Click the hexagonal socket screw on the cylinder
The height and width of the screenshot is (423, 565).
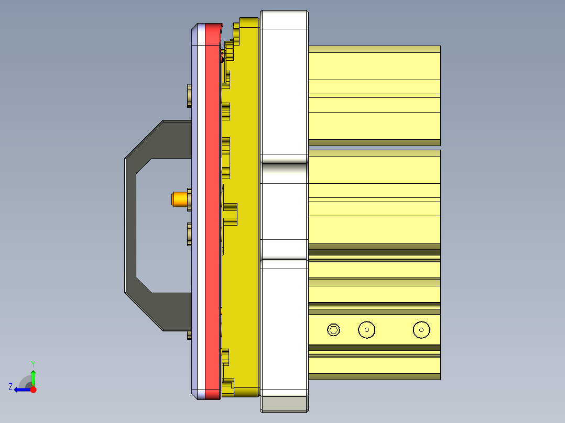pyautogui.click(x=333, y=329)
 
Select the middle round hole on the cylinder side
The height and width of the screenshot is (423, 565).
pyautogui.click(x=367, y=329)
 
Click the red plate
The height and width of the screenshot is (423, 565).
pyautogui.click(x=212, y=209)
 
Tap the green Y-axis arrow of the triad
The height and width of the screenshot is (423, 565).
pyautogui.click(x=33, y=376)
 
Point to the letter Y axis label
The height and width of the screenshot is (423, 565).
pyautogui.click(x=33, y=363)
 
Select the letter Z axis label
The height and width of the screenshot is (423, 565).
pyautogui.click(x=10, y=387)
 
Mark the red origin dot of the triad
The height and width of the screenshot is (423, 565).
pyautogui.click(x=33, y=389)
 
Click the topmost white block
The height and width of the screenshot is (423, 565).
pyautogui.click(x=284, y=84)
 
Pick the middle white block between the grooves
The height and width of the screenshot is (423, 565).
pyautogui.click(x=284, y=209)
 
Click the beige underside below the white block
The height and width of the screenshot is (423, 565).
pyautogui.click(x=284, y=403)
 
